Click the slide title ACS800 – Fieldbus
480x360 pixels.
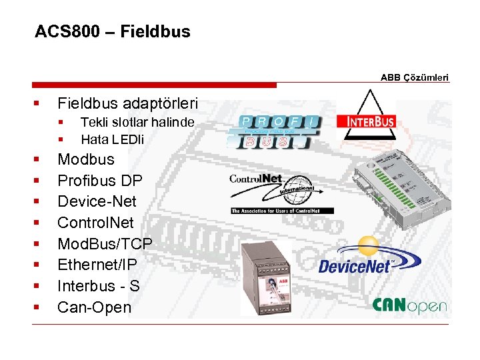pos(112,32)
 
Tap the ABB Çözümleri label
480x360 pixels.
pos(415,77)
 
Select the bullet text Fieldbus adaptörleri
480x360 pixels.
pos(127,103)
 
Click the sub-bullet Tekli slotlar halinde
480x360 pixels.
pos(137,122)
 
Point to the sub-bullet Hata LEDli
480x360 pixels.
pos(112,139)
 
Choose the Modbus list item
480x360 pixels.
pos(86,159)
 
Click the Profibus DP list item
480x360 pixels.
pos(99,181)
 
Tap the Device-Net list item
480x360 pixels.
pos(97,201)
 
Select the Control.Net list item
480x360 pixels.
pos(95,223)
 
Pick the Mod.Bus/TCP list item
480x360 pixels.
pos(105,244)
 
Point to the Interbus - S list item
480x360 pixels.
pos(98,286)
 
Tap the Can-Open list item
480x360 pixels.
pos(94,307)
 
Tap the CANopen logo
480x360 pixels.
pos(409,305)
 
